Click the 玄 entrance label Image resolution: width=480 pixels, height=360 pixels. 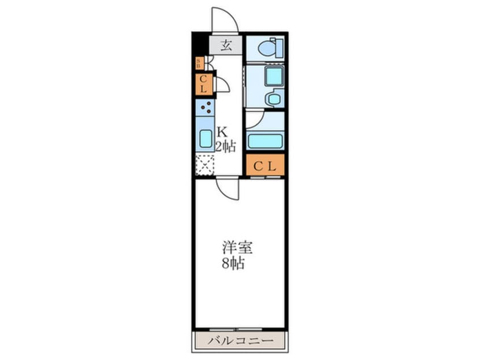click(x=226, y=46)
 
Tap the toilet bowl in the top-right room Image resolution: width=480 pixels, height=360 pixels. click(x=267, y=48)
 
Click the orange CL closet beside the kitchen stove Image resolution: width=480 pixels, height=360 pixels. click(x=204, y=84)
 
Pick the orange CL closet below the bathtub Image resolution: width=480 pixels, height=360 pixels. click(x=265, y=166)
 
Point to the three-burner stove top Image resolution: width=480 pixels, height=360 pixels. click(x=205, y=107)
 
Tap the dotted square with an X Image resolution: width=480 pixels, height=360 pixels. click(x=204, y=165)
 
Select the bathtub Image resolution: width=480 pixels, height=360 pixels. click(x=265, y=141)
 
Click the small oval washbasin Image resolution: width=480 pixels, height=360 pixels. click(x=274, y=99)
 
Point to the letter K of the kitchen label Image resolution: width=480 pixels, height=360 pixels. click(x=221, y=132)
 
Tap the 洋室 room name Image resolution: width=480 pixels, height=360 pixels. click(x=237, y=249)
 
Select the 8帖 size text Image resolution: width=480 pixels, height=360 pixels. click(x=233, y=264)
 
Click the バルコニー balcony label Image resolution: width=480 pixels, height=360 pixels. click(x=240, y=341)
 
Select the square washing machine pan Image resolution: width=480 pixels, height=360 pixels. click(x=273, y=76)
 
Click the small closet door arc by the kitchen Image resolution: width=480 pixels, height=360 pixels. click(x=222, y=85)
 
